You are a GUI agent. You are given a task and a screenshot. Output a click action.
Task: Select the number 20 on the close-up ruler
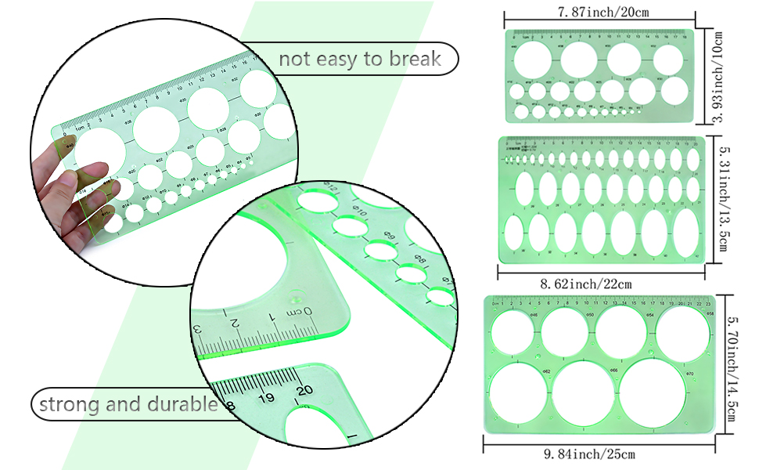point(304,387)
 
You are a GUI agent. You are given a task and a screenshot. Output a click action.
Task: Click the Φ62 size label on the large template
point(547,371)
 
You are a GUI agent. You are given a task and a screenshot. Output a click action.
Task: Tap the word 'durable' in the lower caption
point(183,405)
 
